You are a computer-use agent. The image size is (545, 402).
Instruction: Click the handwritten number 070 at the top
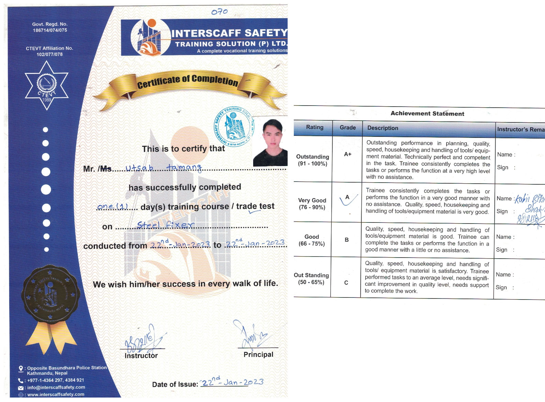219,12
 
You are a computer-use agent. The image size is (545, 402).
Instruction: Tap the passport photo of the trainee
270,142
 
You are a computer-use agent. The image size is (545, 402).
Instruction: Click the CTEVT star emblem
47,86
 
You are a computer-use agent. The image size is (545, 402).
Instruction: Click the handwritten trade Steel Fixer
165,225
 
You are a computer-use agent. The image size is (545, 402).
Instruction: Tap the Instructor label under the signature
141,356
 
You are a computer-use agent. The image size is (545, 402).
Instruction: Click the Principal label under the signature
258,355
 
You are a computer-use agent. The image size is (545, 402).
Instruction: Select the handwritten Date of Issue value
232,382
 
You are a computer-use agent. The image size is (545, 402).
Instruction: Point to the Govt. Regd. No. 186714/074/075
50,27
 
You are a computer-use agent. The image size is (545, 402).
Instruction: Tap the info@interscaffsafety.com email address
56,387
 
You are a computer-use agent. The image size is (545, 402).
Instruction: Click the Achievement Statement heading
427,113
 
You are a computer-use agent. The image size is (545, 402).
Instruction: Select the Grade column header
347,128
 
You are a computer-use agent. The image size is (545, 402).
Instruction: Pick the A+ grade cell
347,154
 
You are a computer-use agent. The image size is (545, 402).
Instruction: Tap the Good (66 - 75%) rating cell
312,240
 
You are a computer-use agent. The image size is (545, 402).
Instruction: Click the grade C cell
346,283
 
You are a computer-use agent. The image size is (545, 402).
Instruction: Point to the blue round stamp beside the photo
234,127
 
